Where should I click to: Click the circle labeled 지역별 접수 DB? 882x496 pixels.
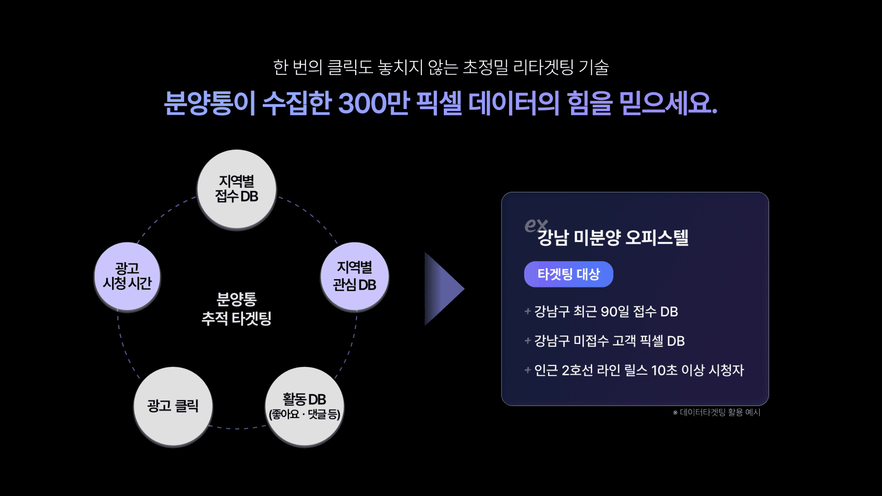pyautogui.click(x=237, y=189)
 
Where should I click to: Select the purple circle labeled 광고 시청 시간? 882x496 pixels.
pyautogui.click(x=127, y=276)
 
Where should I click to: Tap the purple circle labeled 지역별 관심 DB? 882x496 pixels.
pyautogui.click(x=354, y=276)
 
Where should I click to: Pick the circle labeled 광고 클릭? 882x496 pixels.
pyautogui.click(x=173, y=406)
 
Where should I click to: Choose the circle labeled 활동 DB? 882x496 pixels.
pyautogui.click(x=304, y=406)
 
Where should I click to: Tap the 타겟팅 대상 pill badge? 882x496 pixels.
pyautogui.click(x=568, y=274)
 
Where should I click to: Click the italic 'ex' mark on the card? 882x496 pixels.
pyautogui.click(x=535, y=225)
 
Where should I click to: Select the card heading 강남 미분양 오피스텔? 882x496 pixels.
pyautogui.click(x=613, y=238)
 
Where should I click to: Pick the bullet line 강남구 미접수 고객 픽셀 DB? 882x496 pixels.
pyautogui.click(x=609, y=341)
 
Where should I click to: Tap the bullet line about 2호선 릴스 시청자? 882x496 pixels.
pyautogui.click(x=639, y=370)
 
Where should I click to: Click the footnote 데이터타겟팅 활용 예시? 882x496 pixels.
pyautogui.click(x=720, y=412)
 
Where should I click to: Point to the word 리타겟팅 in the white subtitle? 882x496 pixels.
pyautogui.click(x=543, y=67)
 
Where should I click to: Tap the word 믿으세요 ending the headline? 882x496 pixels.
pyautogui.click(x=668, y=103)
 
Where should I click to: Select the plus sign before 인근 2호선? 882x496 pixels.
pyautogui.click(x=528, y=370)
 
